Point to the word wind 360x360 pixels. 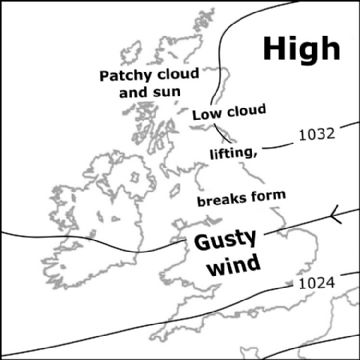coord(232,266)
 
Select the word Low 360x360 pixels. coord(206,116)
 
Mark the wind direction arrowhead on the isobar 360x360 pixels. coord(334,211)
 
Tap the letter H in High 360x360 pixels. coord(274,47)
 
